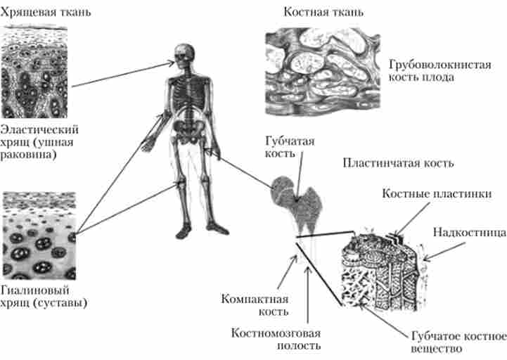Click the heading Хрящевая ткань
click(x=46, y=13)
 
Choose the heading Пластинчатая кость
click(x=397, y=162)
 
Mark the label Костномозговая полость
click(x=276, y=337)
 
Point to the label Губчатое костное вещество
click(x=457, y=342)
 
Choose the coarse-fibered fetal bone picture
click(x=323, y=70)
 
